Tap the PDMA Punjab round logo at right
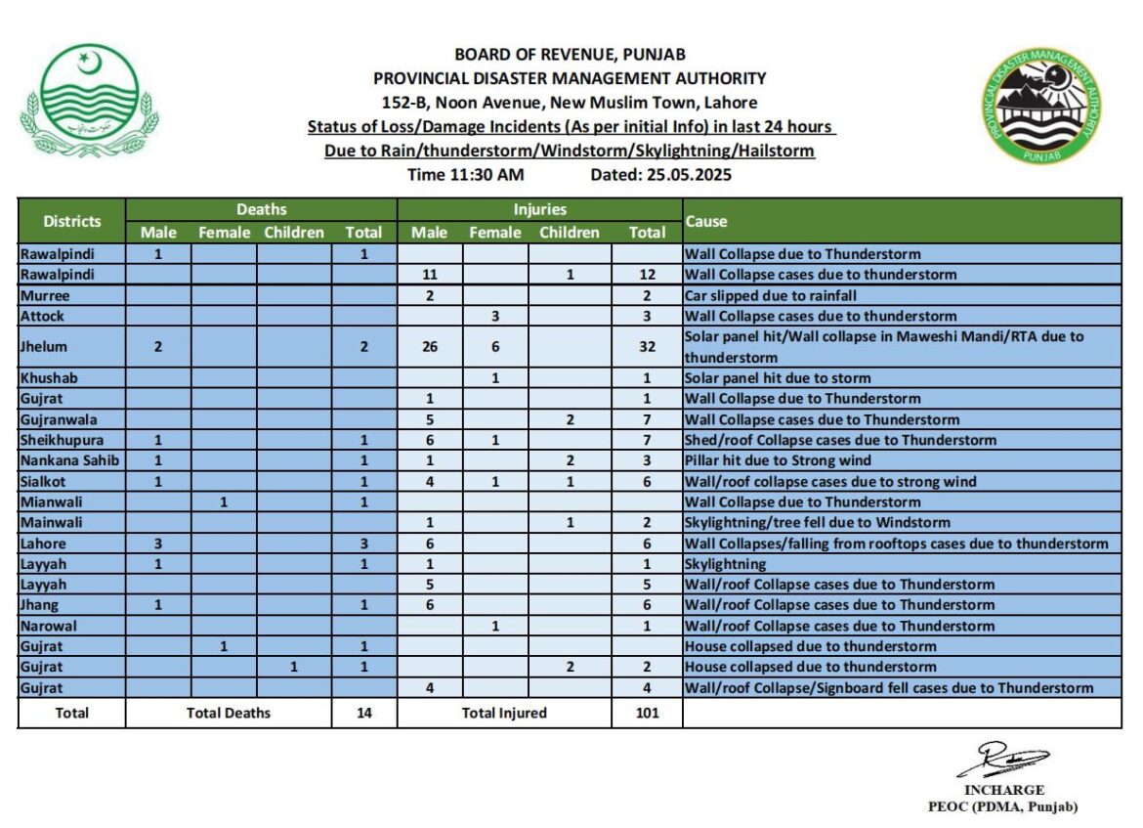1043,107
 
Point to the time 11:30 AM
465,175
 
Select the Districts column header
71,221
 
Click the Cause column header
706,221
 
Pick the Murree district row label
45,295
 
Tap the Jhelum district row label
45,346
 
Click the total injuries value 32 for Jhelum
647,346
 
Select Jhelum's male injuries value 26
430,346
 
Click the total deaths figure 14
363,713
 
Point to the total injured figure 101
647,713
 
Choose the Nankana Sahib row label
70,460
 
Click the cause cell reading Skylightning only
725,564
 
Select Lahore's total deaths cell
363,544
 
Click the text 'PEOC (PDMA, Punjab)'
1003,806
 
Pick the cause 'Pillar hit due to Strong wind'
778,460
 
